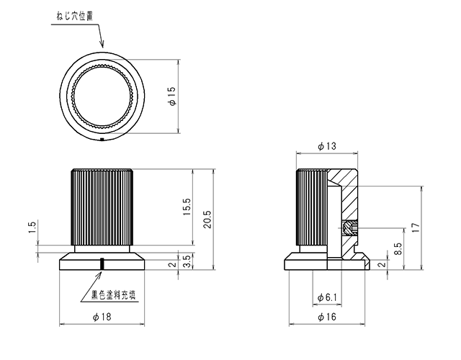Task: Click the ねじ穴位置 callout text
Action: click(x=75, y=16)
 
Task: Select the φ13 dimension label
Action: click(x=327, y=146)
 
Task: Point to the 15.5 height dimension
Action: click(x=187, y=207)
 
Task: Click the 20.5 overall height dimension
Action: click(x=207, y=219)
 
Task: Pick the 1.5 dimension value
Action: click(x=32, y=228)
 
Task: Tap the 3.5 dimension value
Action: click(x=187, y=261)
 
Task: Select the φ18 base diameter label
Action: click(x=102, y=317)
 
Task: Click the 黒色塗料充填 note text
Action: click(x=114, y=294)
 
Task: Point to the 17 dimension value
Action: click(x=416, y=228)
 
